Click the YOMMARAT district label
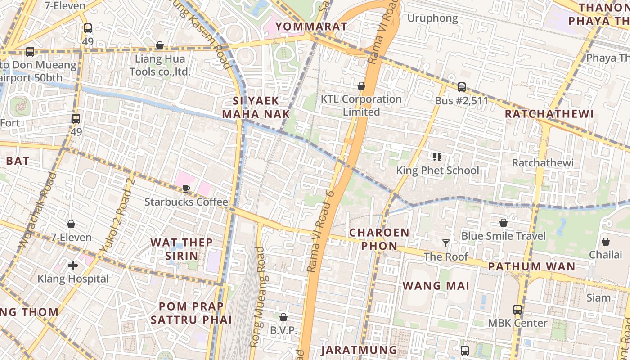pos(311,27)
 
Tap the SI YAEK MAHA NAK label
pos(256,107)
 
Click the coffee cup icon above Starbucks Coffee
pos(186,189)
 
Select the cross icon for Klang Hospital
pos(73,265)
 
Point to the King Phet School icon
pos(437,157)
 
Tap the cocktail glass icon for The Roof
pos(446,243)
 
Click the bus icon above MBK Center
pos(517,310)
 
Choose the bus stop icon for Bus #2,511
pos(461,87)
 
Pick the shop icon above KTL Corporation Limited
pos(361,86)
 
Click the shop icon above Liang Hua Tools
pos(159,45)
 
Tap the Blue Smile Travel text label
pos(504,236)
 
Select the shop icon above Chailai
pos(606,242)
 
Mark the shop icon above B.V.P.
pos(283,317)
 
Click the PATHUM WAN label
pos(531,266)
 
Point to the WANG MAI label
pos(436,286)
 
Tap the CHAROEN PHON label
pos(379,239)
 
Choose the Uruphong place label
pos(432,18)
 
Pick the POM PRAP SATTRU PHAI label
pos(191,313)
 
